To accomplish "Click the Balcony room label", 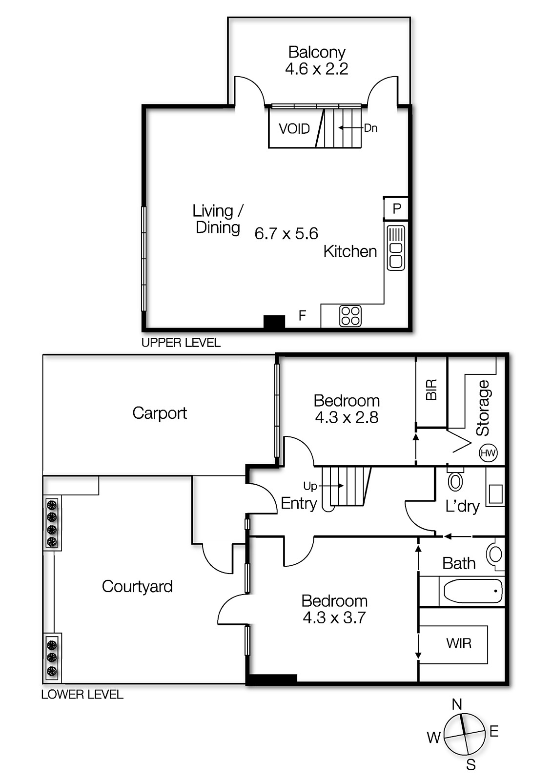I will tap(317, 52).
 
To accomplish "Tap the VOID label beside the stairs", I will tap(294, 129).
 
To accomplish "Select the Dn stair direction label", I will tap(370, 128).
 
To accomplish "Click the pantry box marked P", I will tap(397, 209).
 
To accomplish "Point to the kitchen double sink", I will tap(396, 247).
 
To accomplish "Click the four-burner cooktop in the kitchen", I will tap(350, 316).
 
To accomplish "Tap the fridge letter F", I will tap(302, 316).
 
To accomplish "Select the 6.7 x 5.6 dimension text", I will tap(286, 234).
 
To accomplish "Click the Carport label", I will tap(160, 413).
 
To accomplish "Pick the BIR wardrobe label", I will tap(431, 390).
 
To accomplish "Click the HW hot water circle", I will tap(488, 453).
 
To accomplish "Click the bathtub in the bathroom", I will tap(472, 592).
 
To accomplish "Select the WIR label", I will tap(459, 643).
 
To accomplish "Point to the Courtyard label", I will tap(137, 586).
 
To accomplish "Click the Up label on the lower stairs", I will tap(310, 486).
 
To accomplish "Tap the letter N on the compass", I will tap(457, 704).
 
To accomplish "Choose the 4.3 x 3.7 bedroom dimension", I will tap(334, 618).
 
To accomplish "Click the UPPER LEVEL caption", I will tap(181, 343).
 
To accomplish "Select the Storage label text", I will tap(483, 408).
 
